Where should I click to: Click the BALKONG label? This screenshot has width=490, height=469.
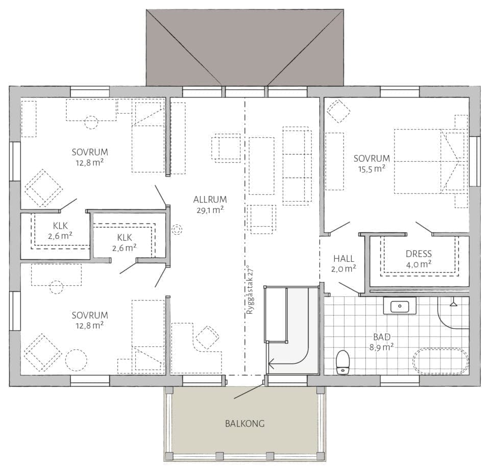(244, 424)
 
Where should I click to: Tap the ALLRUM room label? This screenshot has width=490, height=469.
(210, 200)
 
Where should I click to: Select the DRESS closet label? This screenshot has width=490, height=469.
(419, 254)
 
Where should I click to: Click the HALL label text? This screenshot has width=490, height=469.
(344, 258)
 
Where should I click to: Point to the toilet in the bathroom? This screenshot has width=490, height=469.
(343, 362)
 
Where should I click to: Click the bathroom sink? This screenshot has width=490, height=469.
(400, 306)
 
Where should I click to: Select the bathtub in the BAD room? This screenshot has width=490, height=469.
(440, 361)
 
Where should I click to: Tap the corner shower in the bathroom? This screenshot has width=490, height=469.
(453, 312)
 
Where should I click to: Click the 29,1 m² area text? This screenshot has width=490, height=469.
(210, 210)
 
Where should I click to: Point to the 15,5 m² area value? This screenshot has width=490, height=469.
(372, 169)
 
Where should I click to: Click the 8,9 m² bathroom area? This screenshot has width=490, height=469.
(382, 347)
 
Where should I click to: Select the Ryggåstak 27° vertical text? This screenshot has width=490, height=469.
(250, 290)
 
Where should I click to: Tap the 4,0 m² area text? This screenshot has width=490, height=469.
(419, 264)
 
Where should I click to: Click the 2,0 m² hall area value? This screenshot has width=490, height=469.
(344, 269)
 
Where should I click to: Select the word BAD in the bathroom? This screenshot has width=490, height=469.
(382, 337)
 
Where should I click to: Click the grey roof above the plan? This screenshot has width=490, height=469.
(245, 47)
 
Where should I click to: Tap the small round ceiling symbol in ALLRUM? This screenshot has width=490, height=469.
(177, 230)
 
